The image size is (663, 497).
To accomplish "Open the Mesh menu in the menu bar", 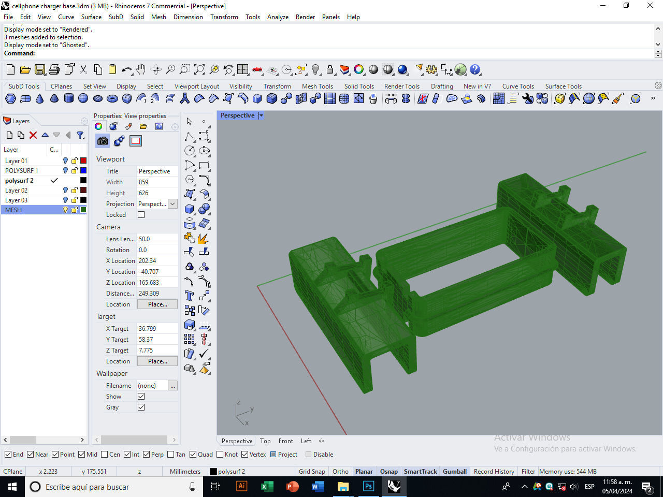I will point(158,17).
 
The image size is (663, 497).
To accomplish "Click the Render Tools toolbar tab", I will point(401,86).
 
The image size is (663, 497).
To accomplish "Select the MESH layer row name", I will point(13,210).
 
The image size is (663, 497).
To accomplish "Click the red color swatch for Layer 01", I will point(83,160).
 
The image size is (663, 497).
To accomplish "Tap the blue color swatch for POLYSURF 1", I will point(83,170).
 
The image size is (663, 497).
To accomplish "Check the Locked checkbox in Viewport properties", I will point(141,215).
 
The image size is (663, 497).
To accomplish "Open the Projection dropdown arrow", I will point(172,204).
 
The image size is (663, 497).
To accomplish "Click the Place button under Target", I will point(157,361).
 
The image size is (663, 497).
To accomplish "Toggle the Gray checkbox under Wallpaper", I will point(141,407).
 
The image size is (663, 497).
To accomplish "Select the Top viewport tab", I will point(265,441).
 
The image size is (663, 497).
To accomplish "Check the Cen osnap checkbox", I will point(105,455).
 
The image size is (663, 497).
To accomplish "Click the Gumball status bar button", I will point(455,471).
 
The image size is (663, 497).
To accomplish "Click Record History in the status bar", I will point(494,471).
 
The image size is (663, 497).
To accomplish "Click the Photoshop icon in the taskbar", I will point(368,487).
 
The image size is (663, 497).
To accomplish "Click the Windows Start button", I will point(12,487).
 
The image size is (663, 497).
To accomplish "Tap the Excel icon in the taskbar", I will point(267,487).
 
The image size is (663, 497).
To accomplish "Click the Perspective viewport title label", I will point(237,115).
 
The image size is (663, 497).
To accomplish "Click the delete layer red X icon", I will point(33,135).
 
